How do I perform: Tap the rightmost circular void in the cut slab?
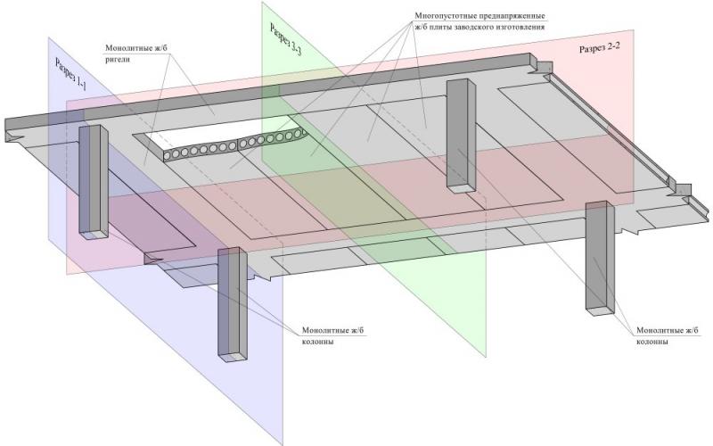click(x=303, y=134)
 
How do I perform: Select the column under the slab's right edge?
click(x=598, y=259)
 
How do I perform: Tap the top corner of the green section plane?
click(x=262, y=3)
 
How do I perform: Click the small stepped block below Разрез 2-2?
click(x=680, y=190)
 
